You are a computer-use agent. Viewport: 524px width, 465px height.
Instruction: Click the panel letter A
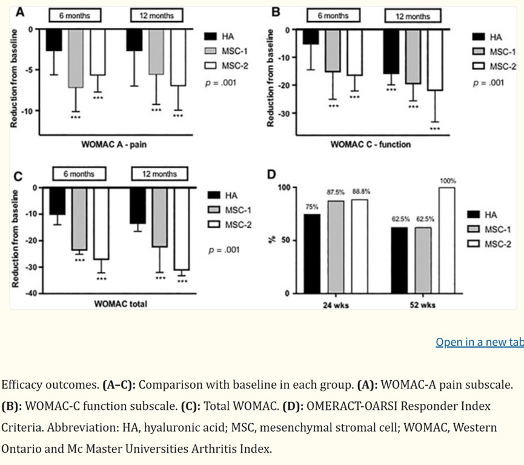click(x=21, y=12)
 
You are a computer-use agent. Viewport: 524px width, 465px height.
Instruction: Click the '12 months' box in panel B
click(x=411, y=16)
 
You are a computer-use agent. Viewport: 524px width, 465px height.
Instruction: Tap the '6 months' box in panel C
click(x=78, y=174)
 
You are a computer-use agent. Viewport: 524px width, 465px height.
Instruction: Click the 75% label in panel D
click(x=311, y=206)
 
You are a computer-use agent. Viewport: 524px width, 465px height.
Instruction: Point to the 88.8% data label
click(x=361, y=192)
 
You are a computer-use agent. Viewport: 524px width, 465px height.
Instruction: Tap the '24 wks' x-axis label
click(x=334, y=305)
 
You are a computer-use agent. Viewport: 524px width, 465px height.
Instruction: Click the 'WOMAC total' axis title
click(x=121, y=303)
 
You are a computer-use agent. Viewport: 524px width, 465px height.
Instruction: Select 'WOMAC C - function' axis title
click(x=370, y=144)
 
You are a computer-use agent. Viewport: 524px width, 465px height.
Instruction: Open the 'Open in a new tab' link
click(x=479, y=342)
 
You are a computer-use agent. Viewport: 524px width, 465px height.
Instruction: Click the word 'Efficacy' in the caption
click(x=21, y=384)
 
